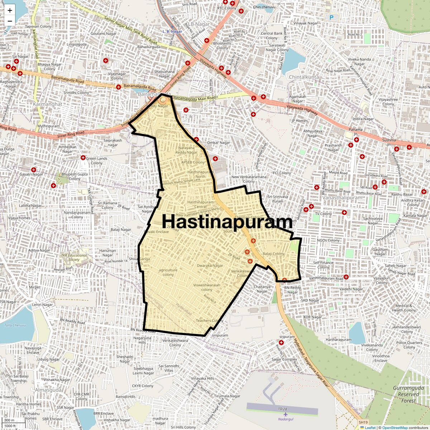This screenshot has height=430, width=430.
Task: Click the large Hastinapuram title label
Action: tap(227, 221)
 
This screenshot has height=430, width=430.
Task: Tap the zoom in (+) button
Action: tap(10, 10)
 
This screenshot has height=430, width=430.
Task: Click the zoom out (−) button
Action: tap(10, 21)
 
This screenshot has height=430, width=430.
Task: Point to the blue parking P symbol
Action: tap(331, 17)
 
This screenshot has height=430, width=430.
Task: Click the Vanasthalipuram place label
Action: tap(342, 198)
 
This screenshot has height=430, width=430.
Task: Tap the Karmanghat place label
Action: tap(47, 104)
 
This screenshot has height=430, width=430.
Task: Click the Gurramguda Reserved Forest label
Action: tap(408, 395)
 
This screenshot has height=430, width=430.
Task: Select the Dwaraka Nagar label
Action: tap(210, 266)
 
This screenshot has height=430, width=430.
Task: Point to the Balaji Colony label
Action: tap(273, 254)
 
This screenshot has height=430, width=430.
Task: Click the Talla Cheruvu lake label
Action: tap(15, 325)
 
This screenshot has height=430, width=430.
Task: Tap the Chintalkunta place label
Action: tap(304, 77)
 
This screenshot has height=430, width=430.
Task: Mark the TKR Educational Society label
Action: tap(74, 258)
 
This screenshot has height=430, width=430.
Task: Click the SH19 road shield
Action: tap(363, 423)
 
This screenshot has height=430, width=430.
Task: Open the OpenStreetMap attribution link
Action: tap(395, 427)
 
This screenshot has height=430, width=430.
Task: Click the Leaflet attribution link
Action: tap(370, 427)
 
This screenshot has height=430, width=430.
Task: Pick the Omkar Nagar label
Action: tap(219, 143)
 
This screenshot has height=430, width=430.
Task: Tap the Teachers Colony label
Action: tap(209, 321)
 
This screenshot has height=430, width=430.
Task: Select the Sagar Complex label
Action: tap(284, 359)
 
